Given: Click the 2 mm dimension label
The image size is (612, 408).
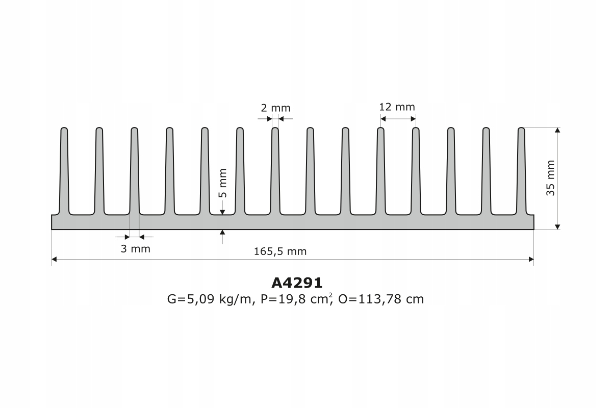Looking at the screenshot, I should point(275,108).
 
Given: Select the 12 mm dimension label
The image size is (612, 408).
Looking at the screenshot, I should point(397,107).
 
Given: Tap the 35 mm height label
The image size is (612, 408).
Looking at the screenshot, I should point(550,178).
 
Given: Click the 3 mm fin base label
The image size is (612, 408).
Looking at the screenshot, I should point(135,249).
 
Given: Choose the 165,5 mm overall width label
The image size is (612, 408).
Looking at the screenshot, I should point(280,251).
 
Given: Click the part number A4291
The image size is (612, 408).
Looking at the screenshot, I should point(296,283).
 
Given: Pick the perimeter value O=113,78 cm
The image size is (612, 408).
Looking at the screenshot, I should point(380,299).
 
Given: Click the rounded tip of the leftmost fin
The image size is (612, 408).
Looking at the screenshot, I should point(64,129).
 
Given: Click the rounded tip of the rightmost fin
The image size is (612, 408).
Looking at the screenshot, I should point(521,129).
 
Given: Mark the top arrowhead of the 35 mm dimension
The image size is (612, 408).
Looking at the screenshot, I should point(557,131).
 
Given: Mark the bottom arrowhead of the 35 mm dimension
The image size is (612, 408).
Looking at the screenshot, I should point(557,226).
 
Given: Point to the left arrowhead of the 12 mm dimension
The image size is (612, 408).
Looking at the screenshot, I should point(383,119).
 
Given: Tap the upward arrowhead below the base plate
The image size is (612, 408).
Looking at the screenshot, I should point(222,233).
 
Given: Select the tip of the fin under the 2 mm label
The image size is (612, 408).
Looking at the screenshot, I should point(275,129).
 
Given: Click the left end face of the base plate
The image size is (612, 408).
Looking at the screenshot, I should point(52,222).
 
